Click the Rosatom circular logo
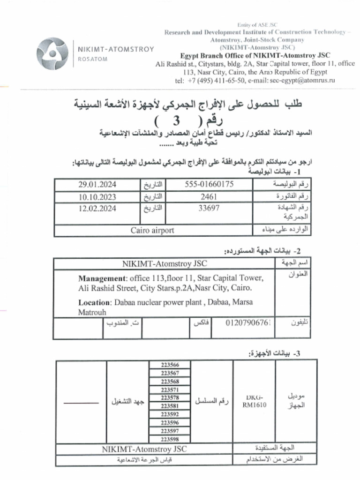coord(52,54)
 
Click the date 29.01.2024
coord(97,184)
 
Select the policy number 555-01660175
coord(209,184)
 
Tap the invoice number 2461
coord(209,197)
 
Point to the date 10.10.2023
coord(97,197)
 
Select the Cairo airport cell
coord(152,230)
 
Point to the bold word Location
coord(94,302)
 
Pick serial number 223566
coord(170,365)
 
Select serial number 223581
coord(170,406)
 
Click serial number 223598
coord(170,439)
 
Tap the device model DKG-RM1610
coord(254,402)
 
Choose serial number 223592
coord(170,414)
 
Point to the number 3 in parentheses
coord(176,120)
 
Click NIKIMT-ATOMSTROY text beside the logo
coord(115,49)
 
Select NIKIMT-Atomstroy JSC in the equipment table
coord(144,449)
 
